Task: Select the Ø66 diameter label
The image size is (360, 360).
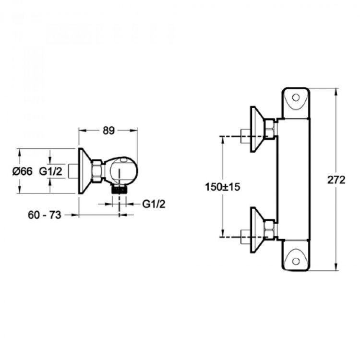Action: pos(23,171)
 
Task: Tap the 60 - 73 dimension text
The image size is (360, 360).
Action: pos(45,215)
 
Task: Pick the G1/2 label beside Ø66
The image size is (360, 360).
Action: pos(51,171)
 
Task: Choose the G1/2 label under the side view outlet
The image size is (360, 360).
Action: pos(154,204)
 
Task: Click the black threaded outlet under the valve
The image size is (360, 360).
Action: pos(119,189)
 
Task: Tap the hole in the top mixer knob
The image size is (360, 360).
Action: pos(296,99)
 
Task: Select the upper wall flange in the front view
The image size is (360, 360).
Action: pos(258,128)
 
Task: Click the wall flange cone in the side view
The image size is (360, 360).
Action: pos(85,171)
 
